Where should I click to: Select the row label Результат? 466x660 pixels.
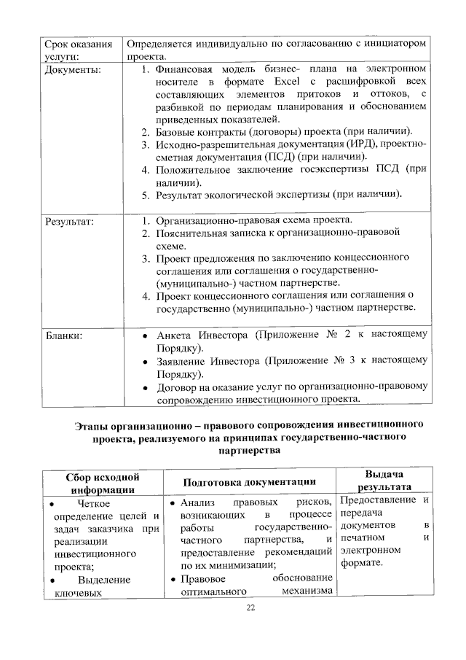71,220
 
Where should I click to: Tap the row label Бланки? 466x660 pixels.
64,336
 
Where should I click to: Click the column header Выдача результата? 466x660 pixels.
383,481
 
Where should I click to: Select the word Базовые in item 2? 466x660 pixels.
178,132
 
